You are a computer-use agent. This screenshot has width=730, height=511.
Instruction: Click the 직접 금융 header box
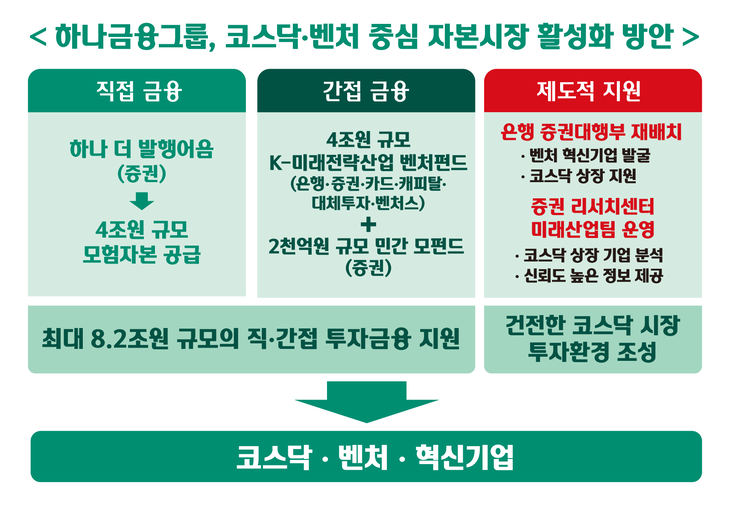click(137, 91)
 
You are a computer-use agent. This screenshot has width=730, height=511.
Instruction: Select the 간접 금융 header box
click(365, 91)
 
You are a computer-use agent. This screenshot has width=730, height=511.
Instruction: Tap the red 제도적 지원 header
click(590, 91)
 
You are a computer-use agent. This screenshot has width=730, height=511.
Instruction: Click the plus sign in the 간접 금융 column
click(365, 226)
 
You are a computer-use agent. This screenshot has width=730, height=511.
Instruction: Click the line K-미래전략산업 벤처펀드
click(365, 162)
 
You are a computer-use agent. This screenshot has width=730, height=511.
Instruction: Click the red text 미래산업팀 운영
click(590, 228)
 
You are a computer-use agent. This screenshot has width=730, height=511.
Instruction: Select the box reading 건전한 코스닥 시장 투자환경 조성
click(590, 338)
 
